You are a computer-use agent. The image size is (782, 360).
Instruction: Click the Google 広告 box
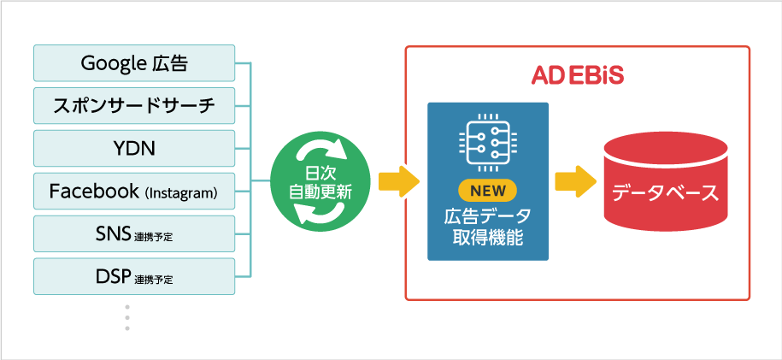click(x=133, y=62)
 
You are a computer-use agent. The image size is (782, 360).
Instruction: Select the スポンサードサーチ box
click(x=133, y=105)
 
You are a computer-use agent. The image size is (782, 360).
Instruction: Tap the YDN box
click(x=133, y=148)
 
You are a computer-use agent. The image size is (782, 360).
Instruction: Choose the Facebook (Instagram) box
click(x=133, y=191)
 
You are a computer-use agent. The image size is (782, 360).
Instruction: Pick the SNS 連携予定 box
click(x=133, y=233)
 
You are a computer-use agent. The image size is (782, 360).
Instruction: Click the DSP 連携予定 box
click(x=133, y=276)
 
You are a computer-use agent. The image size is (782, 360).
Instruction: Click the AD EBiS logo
click(x=577, y=76)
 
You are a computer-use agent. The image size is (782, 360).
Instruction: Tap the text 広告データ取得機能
click(x=488, y=224)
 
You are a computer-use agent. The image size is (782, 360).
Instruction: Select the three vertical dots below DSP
click(x=127, y=316)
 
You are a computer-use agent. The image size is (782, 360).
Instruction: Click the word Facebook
click(x=94, y=191)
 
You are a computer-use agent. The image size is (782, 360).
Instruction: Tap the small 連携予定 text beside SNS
click(x=154, y=237)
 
